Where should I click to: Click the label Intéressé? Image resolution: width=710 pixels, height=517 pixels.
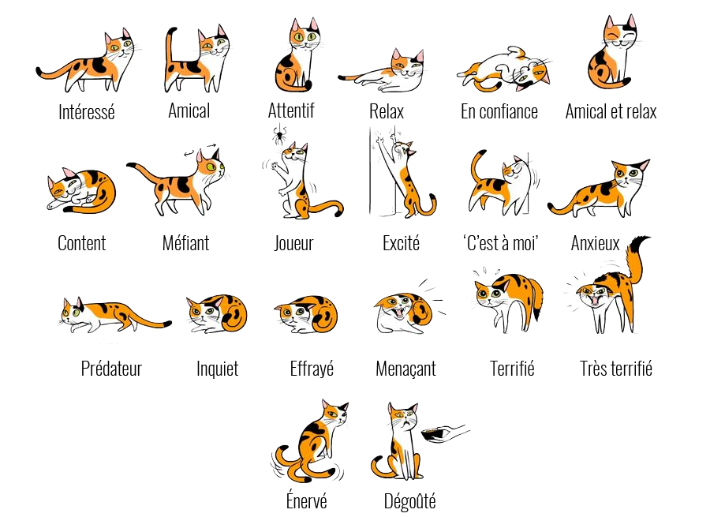tap(87, 112)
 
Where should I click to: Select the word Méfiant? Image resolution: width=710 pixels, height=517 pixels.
tap(185, 243)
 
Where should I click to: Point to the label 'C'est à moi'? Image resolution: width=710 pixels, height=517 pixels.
tap(500, 243)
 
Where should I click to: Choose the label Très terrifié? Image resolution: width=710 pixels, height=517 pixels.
tap(616, 369)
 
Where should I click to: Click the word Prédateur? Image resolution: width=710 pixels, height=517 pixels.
tap(111, 369)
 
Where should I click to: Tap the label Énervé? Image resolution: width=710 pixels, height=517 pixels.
tap(307, 500)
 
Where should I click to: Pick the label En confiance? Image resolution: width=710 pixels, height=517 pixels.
tap(499, 111)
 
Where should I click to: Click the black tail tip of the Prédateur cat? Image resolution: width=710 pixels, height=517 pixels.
tap(167, 324)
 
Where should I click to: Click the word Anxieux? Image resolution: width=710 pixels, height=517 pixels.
tap(595, 243)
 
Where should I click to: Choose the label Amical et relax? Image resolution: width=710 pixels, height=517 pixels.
tap(611, 111)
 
